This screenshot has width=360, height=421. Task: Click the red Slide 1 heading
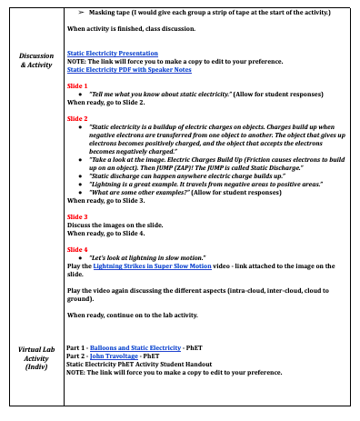[77, 85]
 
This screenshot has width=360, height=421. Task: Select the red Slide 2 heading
[77, 118]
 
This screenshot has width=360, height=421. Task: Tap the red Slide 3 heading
[77, 217]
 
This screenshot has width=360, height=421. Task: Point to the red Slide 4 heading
[77, 248]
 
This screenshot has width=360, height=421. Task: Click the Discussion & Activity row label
[36, 61]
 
